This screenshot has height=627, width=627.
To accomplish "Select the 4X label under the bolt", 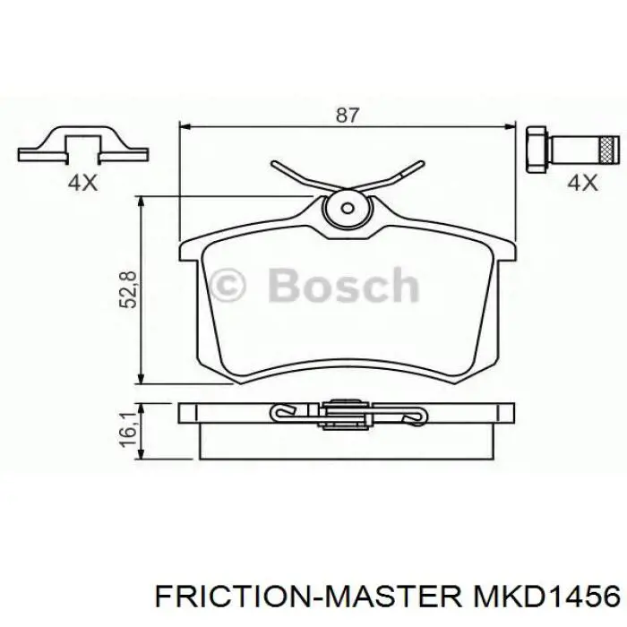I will click(x=582, y=183).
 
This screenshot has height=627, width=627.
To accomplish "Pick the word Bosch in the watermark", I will click(x=343, y=286).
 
